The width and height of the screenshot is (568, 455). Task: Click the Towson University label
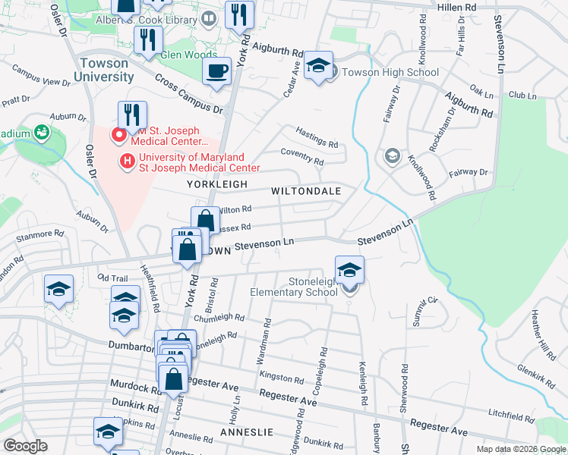pyautogui.click(x=104, y=71)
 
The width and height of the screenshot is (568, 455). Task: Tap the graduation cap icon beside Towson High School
pyautogui.click(x=319, y=65)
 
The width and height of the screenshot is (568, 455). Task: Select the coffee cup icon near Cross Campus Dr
pyautogui.click(x=216, y=72)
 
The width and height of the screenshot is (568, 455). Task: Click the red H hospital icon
pyautogui.click(x=128, y=162)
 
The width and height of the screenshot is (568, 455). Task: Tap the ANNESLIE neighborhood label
pyautogui.click(x=245, y=431)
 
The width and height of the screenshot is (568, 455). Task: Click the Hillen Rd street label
pyautogui.click(x=457, y=6)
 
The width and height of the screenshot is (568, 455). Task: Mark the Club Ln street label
pyautogui.click(x=522, y=96)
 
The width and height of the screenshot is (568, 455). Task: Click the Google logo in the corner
pyautogui.click(x=24, y=446)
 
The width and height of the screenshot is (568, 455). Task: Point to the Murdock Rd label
pyautogui.click(x=134, y=387)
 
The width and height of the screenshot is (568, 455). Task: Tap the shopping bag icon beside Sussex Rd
pyautogui.click(x=205, y=221)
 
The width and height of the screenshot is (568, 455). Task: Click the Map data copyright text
pyautogui.click(x=520, y=449)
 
